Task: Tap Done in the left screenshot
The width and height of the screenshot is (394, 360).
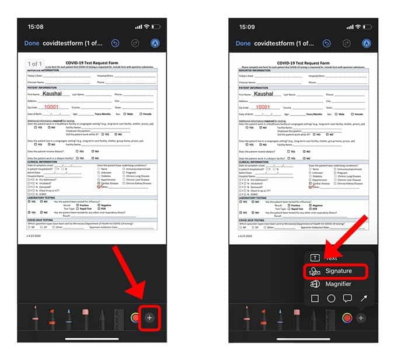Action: tap(32, 43)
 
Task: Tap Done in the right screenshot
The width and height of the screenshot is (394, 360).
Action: tap(243, 43)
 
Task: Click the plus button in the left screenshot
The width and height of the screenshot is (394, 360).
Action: tap(150, 317)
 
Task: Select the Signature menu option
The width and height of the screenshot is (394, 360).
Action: tap(339, 271)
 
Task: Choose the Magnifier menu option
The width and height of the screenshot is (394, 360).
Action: tap(339, 284)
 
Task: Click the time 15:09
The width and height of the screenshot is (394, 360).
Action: tap(246, 26)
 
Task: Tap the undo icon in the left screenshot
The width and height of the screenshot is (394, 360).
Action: tap(116, 43)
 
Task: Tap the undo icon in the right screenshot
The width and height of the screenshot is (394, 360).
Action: tap(327, 43)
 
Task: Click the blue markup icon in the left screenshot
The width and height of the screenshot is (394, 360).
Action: tap(155, 43)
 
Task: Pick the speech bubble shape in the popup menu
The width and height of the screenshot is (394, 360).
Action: tap(347, 299)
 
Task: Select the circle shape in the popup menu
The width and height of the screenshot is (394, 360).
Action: tap(331, 299)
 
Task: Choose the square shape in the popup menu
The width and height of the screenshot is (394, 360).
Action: tap(315, 299)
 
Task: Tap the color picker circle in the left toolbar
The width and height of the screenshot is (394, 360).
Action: tap(135, 317)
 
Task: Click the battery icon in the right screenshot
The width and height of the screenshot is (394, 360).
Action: tap(365, 27)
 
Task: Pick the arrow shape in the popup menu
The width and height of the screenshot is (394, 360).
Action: tap(364, 299)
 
